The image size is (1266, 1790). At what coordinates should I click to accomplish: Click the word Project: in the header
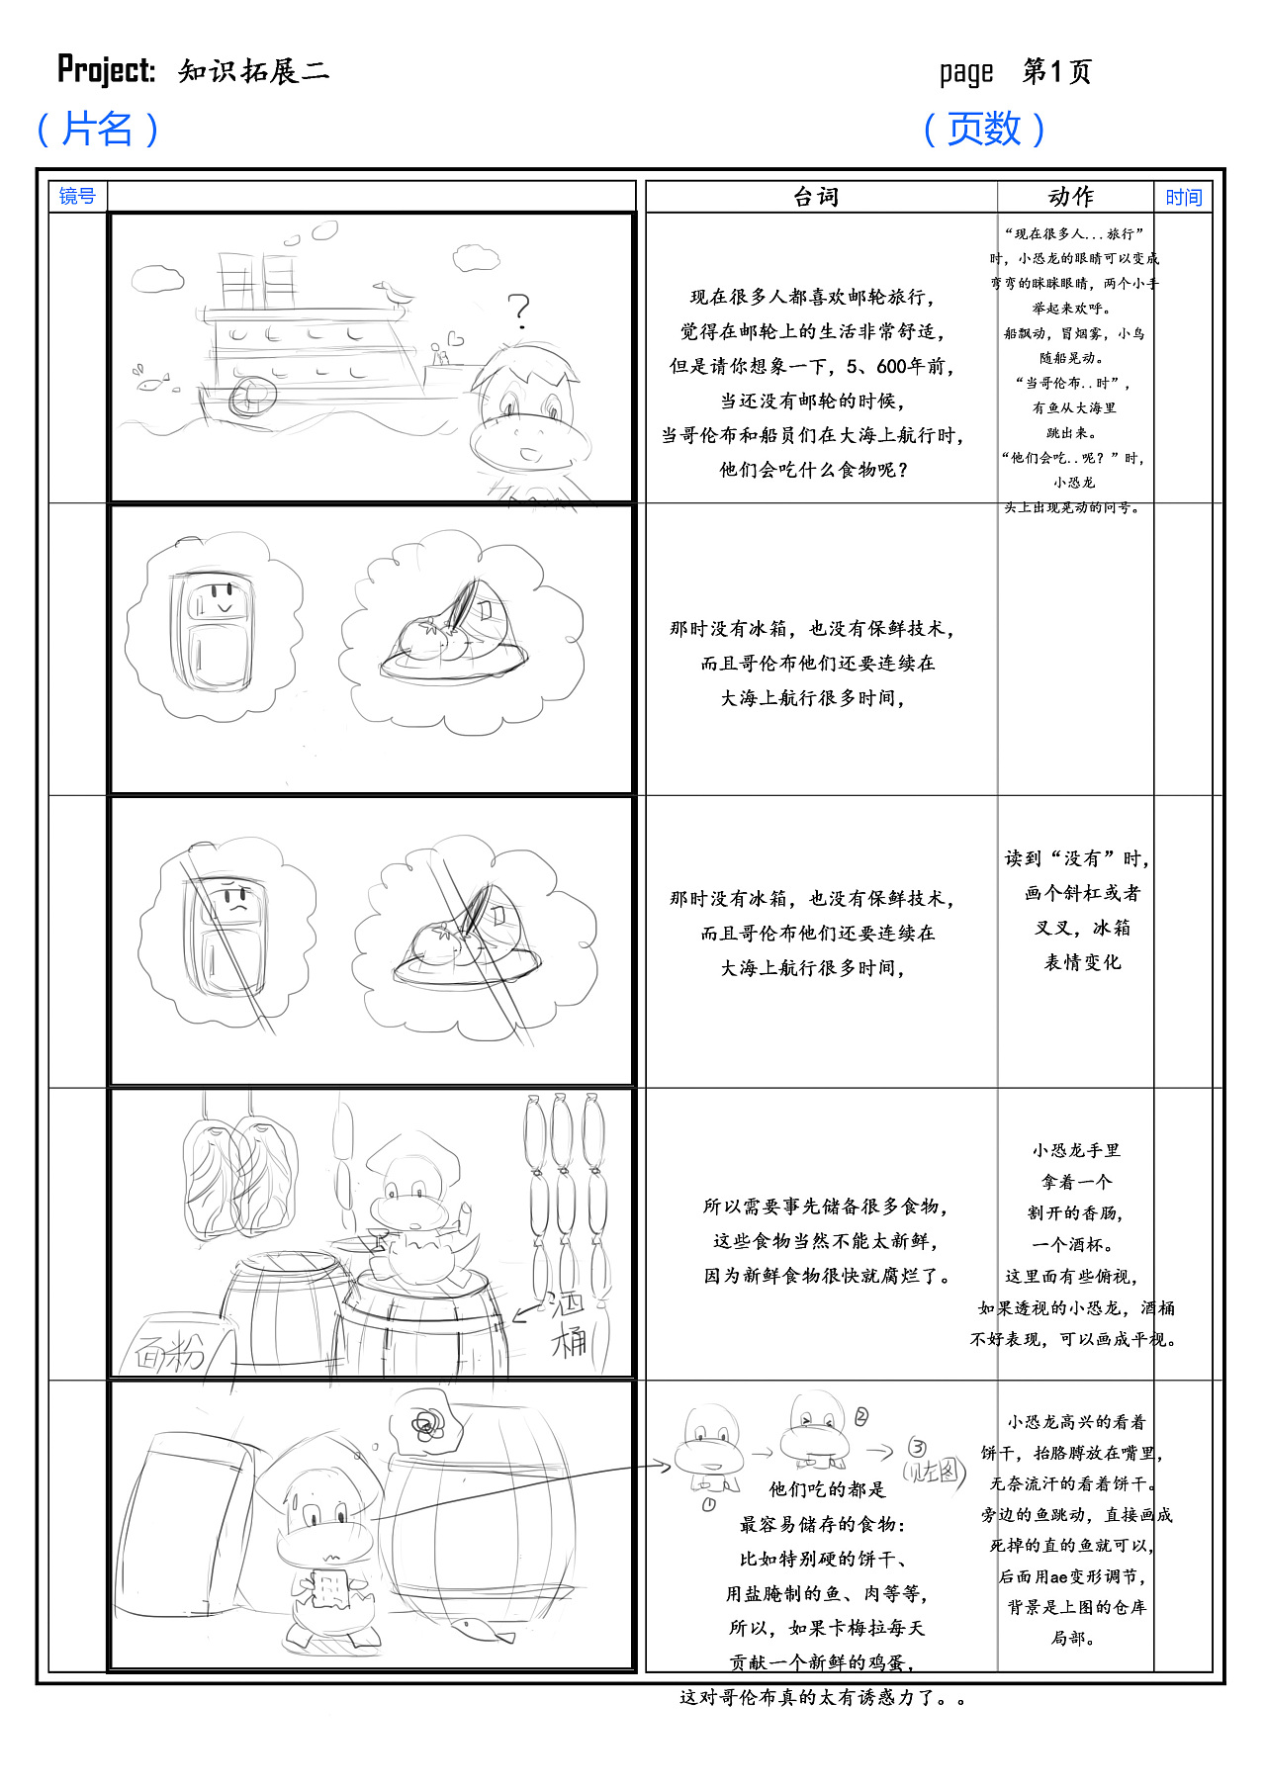tap(106, 70)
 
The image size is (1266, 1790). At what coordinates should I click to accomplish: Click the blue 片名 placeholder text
tap(97, 129)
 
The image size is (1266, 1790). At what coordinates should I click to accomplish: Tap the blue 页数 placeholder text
tap(984, 129)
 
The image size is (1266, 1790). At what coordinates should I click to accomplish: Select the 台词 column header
tap(817, 197)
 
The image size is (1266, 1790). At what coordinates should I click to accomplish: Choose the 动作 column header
tap(1072, 197)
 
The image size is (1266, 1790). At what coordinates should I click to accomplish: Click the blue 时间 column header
tap(1183, 198)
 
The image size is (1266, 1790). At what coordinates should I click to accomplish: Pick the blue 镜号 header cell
tap(77, 197)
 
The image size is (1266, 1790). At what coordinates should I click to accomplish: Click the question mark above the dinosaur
tap(518, 310)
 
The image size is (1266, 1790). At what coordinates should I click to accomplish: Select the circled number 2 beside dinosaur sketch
tap(860, 1417)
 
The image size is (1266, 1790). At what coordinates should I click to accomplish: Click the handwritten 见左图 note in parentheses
tap(933, 1471)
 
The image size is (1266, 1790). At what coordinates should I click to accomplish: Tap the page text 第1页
tap(1056, 71)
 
